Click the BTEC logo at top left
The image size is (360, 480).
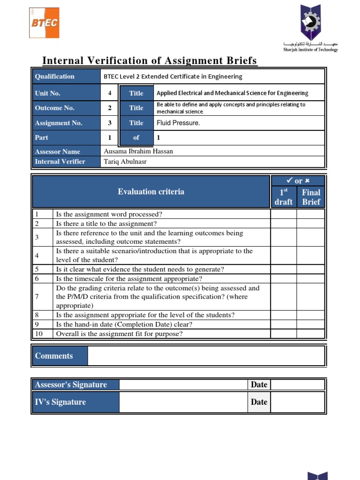(x=44, y=22)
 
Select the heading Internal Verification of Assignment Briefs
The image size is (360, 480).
(x=150, y=60)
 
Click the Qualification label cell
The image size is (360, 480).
(x=66, y=76)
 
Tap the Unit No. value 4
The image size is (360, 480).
(x=110, y=93)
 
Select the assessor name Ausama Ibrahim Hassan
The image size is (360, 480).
(x=138, y=151)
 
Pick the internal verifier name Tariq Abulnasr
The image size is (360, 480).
(x=125, y=161)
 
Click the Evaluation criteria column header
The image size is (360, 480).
(x=151, y=191)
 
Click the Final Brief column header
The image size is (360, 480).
(x=311, y=197)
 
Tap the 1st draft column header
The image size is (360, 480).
(x=284, y=197)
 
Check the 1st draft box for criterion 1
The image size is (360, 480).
(x=284, y=214)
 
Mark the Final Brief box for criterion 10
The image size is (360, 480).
(x=311, y=334)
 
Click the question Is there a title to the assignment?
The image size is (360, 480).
(x=106, y=224)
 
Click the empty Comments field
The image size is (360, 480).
(x=206, y=356)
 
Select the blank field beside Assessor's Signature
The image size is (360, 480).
(x=183, y=385)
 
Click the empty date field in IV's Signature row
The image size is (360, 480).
(x=297, y=402)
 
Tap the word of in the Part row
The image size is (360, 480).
(x=136, y=138)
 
